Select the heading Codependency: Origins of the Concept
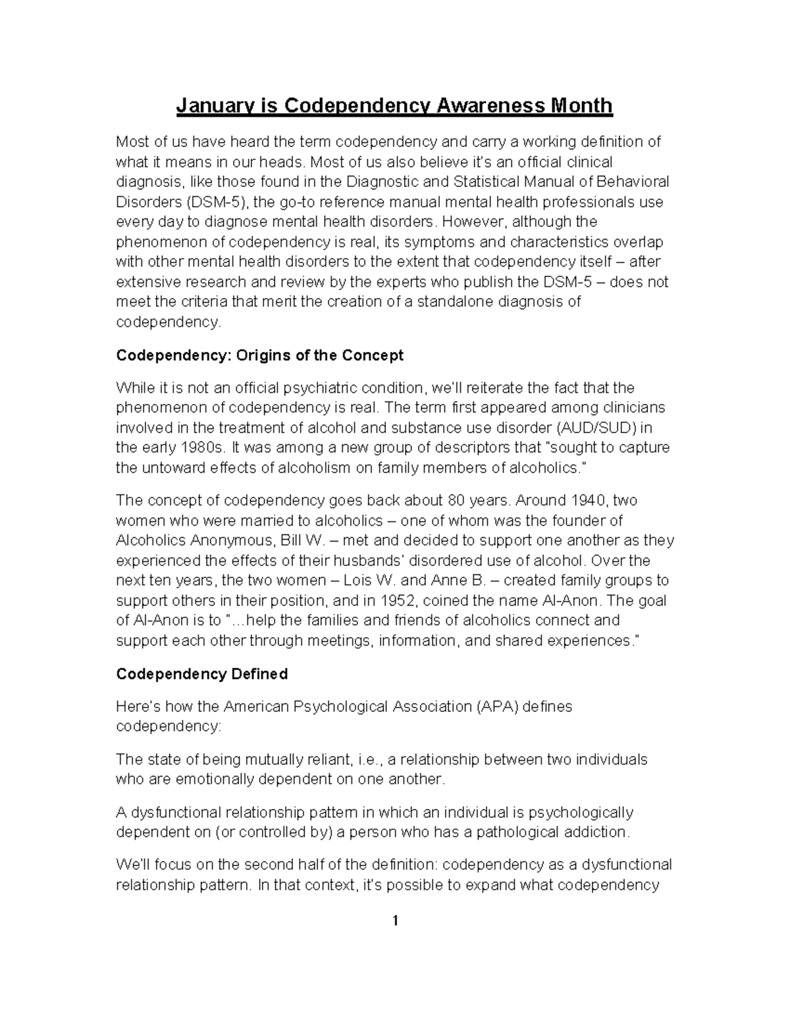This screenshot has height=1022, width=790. [259, 355]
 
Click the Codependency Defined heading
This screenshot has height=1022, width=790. [201, 674]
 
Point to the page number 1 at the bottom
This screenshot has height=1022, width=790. [395, 921]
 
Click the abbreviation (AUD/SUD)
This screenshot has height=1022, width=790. [597, 428]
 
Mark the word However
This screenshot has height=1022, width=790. [473, 222]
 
